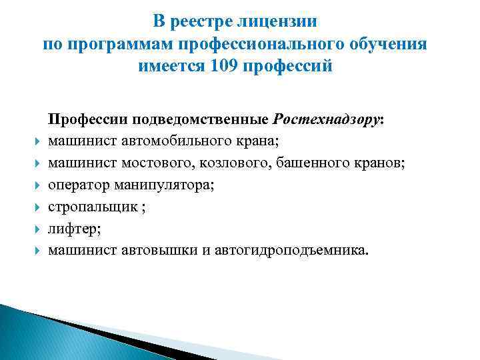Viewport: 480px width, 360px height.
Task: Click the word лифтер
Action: [x=69, y=229]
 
